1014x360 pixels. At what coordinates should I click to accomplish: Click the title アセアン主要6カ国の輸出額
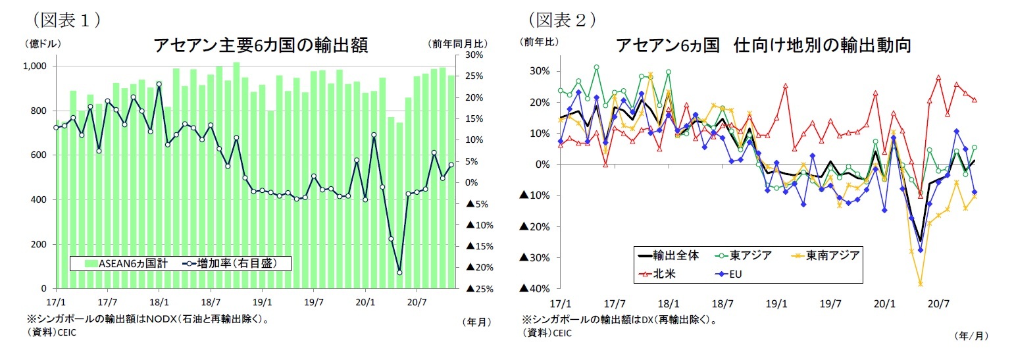coord(260,45)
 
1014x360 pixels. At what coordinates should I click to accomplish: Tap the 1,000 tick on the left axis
coord(36,66)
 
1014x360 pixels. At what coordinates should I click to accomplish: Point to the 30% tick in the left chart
coord(475,55)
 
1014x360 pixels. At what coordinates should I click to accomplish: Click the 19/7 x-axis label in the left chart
coord(313,303)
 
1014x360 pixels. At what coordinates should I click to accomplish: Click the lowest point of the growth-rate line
coord(399,272)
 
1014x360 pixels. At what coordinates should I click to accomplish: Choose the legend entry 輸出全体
coord(666,255)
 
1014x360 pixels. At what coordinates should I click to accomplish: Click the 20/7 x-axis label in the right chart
coord(938,303)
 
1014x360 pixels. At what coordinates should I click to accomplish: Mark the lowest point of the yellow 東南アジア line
coord(921,284)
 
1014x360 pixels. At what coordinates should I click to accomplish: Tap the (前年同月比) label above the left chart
coord(459,43)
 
